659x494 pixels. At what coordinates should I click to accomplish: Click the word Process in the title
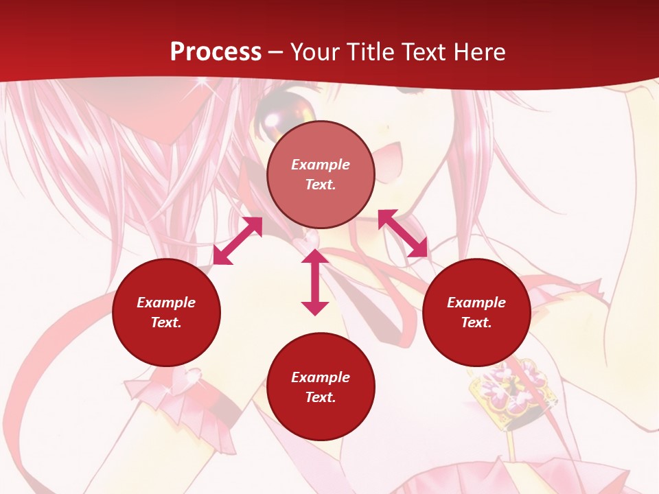216,51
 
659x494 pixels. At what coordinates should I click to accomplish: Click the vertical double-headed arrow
315,283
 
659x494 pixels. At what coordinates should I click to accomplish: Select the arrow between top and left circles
238,241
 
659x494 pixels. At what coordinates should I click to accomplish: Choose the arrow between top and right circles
403,233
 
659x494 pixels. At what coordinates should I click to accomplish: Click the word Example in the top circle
321,165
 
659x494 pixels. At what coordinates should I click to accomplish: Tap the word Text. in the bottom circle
321,397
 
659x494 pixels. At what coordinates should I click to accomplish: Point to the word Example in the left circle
166,303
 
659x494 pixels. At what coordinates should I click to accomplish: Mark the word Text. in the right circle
476,322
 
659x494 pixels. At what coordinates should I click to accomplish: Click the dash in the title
275,52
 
